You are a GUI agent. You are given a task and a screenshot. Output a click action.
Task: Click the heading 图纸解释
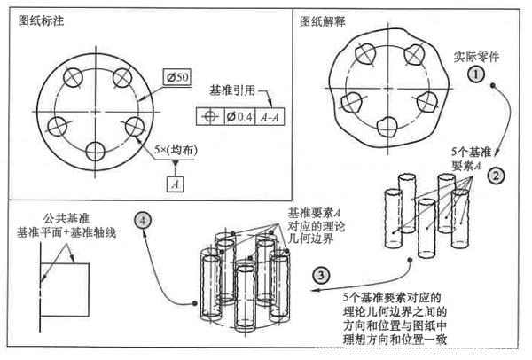pyautogui.click(x=321, y=20)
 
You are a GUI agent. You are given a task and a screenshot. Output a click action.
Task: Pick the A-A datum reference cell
pyautogui.click(x=267, y=116)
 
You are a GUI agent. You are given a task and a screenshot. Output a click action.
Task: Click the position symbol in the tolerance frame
pyautogui.click(x=209, y=116)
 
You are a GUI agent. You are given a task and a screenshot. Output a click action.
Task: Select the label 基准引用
pyautogui.click(x=232, y=90)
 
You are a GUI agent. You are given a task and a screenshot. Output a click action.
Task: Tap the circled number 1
pyautogui.click(x=477, y=74)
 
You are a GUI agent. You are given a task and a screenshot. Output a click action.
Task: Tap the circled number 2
pyautogui.click(x=498, y=176)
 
